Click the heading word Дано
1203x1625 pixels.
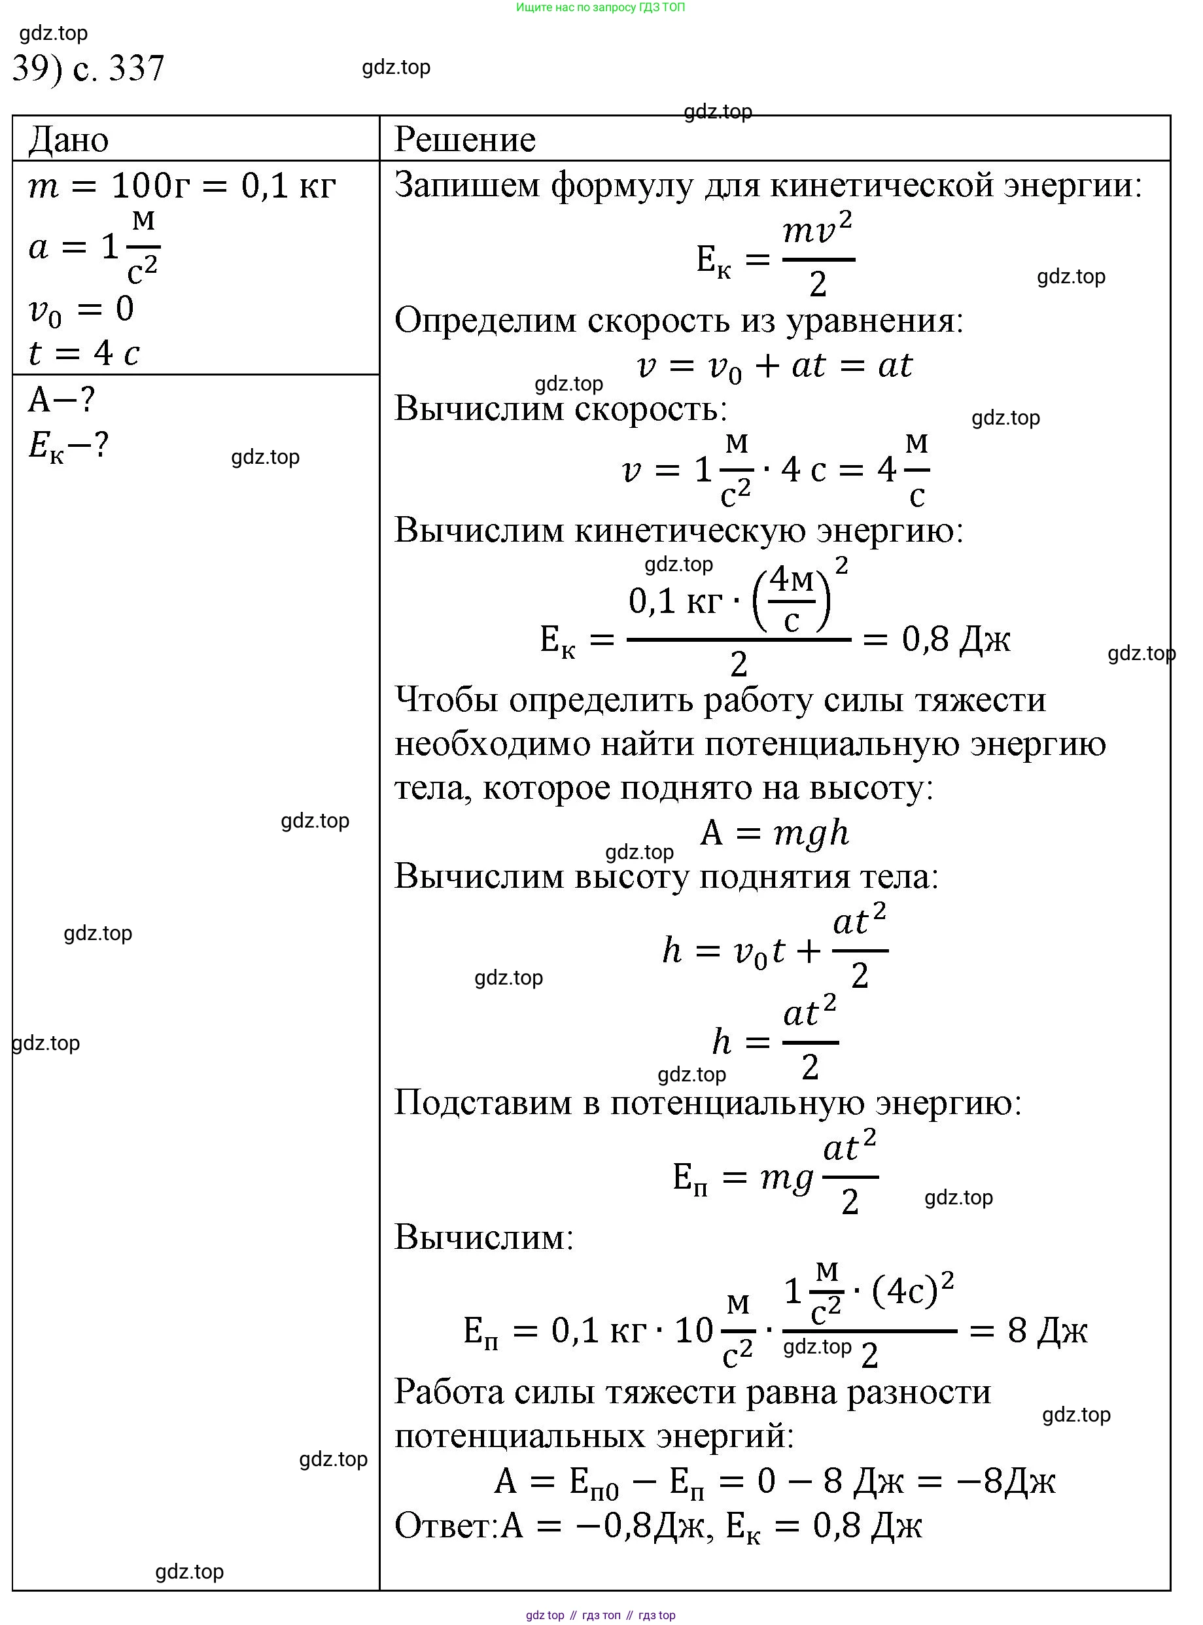coord(69,139)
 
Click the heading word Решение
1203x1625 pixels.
coord(464,139)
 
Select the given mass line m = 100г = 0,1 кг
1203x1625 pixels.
coord(182,186)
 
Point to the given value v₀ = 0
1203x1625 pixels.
coord(82,309)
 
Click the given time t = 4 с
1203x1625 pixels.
coord(84,354)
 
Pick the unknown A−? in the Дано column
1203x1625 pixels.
coord(62,400)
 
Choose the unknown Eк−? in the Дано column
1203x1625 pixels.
coord(69,445)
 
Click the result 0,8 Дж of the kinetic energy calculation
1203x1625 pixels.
coord(956,639)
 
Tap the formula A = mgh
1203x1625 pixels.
coord(774,832)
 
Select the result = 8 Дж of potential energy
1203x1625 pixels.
coord(1047,1330)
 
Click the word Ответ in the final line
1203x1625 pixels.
coord(445,1526)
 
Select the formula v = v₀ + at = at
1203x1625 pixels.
coord(774,366)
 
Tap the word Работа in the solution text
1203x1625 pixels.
coord(448,1393)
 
